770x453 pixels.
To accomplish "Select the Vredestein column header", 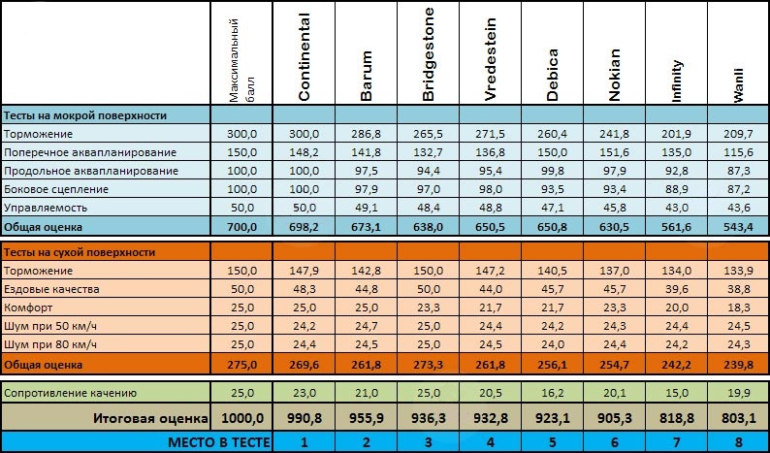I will click(x=491, y=56).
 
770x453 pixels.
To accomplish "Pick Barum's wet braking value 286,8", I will click(x=367, y=134).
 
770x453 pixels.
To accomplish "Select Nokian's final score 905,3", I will click(x=615, y=419).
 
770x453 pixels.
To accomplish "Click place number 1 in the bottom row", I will click(x=304, y=441).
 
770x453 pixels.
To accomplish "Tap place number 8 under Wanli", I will click(x=739, y=441).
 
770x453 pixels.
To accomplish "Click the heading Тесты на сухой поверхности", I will click(x=80, y=252).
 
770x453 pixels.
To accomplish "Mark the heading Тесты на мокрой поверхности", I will click(x=84, y=115).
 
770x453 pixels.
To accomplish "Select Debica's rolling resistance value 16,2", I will click(x=553, y=393).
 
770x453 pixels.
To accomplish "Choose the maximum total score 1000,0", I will click(x=241, y=419).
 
